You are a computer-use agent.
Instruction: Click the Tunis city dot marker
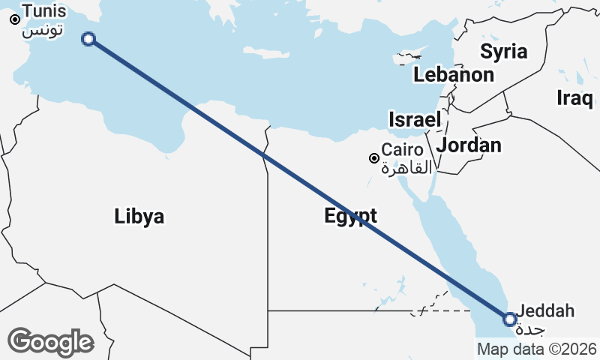[14, 19]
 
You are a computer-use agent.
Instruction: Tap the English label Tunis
[43, 12]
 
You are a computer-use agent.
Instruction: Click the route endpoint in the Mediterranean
[88, 39]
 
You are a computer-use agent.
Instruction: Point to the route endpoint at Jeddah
[510, 319]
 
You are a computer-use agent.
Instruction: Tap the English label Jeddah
[545, 310]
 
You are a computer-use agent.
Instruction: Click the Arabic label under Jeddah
[531, 330]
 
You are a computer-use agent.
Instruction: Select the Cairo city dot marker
[373, 158]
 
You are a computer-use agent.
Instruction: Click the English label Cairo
[402, 149]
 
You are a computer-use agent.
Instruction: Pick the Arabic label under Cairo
[406, 168]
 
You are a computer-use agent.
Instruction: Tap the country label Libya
[139, 217]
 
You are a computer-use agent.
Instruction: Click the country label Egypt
[350, 216]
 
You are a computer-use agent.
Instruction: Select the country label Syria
[503, 52]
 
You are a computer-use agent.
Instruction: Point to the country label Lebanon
[453, 75]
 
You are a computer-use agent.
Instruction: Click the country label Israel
[414, 119]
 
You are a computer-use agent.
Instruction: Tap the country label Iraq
[575, 97]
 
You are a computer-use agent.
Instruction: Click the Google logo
[50, 342]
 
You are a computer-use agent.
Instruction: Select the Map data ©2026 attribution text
[536, 349]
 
